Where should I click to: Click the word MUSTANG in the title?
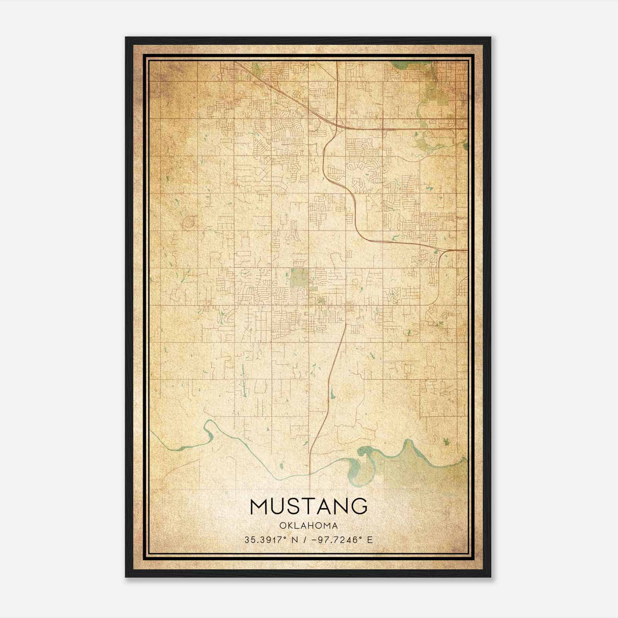(x=309, y=506)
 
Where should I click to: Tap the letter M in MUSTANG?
(x=260, y=506)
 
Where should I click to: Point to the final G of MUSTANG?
(x=359, y=506)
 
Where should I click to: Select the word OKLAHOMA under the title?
(x=309, y=526)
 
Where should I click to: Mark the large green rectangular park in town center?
(x=300, y=277)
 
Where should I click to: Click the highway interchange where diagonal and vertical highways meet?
(x=337, y=124)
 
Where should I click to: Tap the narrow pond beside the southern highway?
(x=332, y=394)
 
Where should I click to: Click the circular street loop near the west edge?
(x=188, y=222)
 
